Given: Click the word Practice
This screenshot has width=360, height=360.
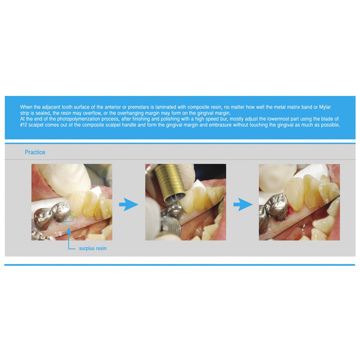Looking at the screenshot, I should click(x=35, y=152).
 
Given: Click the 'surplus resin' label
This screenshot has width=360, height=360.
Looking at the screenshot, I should click(x=93, y=248).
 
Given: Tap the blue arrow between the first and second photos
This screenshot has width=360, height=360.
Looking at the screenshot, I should click(x=128, y=204).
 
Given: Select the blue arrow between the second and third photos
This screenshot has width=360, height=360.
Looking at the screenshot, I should click(x=242, y=204).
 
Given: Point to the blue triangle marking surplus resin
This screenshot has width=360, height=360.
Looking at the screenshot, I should click(x=69, y=218).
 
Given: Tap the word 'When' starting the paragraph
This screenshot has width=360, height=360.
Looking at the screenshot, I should click(x=27, y=107).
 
